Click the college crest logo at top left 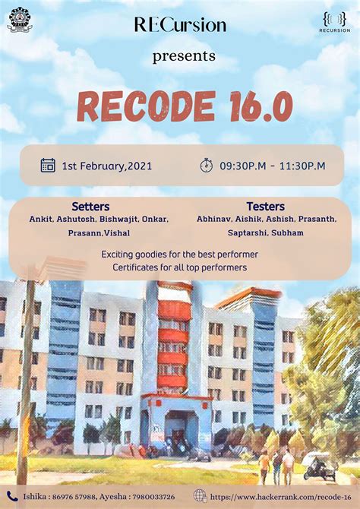(20, 19)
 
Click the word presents (184, 56)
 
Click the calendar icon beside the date (48, 165)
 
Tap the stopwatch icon (207, 166)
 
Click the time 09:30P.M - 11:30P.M (272, 166)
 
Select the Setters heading (90, 207)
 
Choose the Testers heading (265, 207)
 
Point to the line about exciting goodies (179, 254)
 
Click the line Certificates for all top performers (179, 267)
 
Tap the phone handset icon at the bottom (11, 495)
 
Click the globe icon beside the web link (200, 495)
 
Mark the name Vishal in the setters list (116, 232)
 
